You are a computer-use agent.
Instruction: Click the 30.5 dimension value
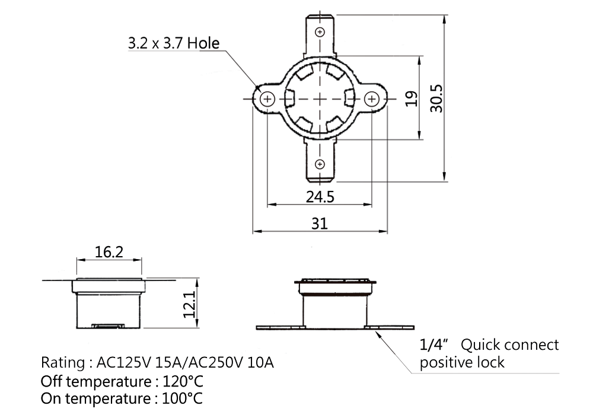click(x=436, y=98)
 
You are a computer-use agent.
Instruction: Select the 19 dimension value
click(x=412, y=98)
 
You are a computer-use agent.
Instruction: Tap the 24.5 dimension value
click(x=320, y=197)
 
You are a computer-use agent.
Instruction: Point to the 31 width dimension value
click(x=320, y=224)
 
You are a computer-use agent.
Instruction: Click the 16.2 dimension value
click(x=109, y=252)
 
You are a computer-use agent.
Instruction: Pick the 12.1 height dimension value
click(x=190, y=304)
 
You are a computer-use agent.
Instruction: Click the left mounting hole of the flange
click(x=267, y=99)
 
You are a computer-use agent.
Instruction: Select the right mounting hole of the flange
click(x=371, y=99)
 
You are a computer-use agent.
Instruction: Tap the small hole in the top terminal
click(x=320, y=32)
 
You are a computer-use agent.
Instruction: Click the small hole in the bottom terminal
click(x=320, y=164)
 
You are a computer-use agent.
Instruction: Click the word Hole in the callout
click(x=203, y=43)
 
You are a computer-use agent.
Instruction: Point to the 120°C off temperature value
click(x=183, y=381)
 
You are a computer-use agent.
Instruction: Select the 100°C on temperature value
click(x=182, y=398)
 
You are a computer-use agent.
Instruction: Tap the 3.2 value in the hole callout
click(x=138, y=43)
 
